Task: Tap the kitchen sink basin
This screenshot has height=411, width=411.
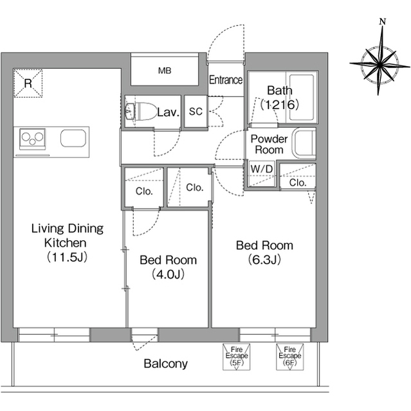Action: pos(73,138)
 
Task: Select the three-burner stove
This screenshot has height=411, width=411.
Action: pos(33,139)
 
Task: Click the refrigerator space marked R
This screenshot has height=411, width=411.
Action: pos(28,83)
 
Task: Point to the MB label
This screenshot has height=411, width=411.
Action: pos(165,71)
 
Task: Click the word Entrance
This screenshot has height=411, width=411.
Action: pos(226,80)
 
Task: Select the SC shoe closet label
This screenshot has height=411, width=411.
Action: pos(196,112)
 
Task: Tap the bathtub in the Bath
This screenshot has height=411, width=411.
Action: pos(302,98)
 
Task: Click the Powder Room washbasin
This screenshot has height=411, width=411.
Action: pos(304,143)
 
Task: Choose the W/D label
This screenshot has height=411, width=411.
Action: pos(262,169)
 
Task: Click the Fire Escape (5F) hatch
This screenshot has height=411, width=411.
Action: pos(237,357)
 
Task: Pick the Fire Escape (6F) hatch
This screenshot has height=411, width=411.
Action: pos(289,357)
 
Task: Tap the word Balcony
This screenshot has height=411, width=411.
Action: pos(165,364)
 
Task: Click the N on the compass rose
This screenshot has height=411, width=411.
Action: pos(383,21)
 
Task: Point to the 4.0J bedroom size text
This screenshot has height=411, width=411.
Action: pos(168,274)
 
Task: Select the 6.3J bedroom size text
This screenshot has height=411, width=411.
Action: pos(264,259)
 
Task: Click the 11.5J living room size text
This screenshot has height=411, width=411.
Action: pos(67,257)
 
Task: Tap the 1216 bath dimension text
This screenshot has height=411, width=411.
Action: pos(280,105)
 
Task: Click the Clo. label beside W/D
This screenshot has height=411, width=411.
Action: pos(298,182)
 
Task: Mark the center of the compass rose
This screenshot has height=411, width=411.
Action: pos(379,64)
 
